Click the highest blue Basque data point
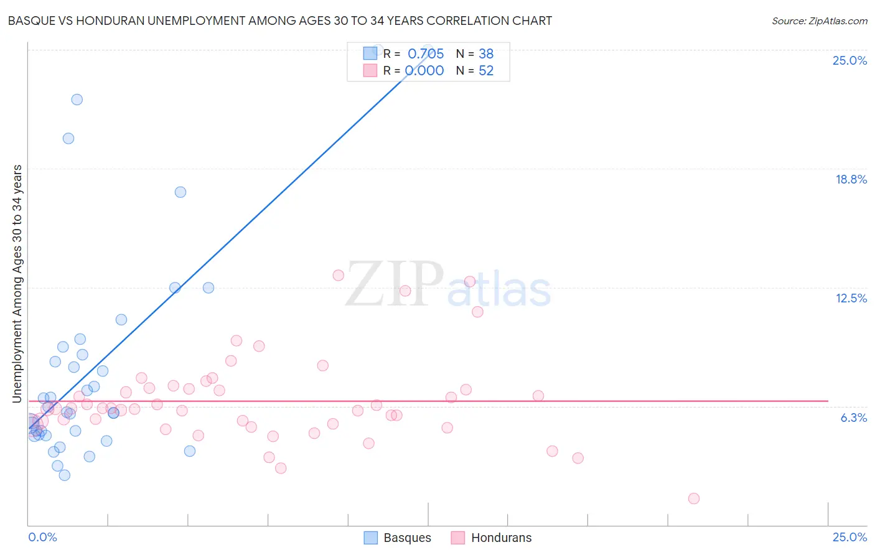tap(377, 50)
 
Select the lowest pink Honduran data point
tap(694, 498)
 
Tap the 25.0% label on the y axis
tap(849, 60)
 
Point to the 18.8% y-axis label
tap(851, 179)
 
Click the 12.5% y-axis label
tap(851, 298)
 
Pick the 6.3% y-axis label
tap(853, 417)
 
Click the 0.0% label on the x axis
tap(42, 537)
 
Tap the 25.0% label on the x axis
tap(849, 537)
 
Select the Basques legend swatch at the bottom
tap(371, 538)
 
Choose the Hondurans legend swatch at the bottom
tap(458, 538)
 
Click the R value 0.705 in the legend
tap(426, 54)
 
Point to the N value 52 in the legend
tap(486, 71)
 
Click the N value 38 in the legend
tap(486, 54)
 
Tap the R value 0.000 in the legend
tap(424, 71)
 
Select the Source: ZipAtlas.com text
tap(819, 21)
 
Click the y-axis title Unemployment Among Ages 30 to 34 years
tap(17, 284)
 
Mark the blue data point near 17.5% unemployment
tap(180, 192)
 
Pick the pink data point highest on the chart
tap(339, 275)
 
